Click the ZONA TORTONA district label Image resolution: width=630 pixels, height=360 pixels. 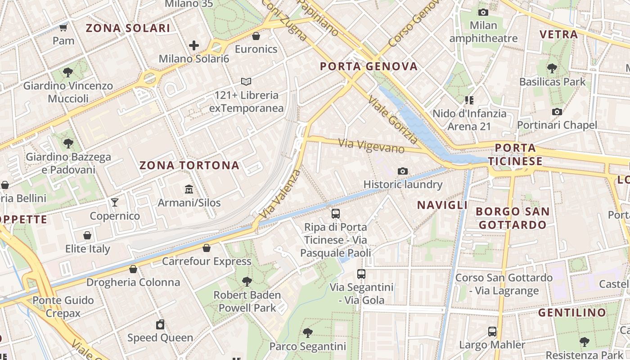tap(189, 165)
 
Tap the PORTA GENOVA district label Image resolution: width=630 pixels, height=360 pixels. tap(369, 67)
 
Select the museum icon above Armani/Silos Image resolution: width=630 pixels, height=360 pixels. tap(189, 189)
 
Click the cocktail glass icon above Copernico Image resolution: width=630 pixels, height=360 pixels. tap(115, 202)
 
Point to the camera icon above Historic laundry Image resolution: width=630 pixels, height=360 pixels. tap(403, 171)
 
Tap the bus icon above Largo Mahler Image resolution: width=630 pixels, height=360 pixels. tap(492, 332)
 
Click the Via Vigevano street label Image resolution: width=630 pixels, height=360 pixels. tap(371, 146)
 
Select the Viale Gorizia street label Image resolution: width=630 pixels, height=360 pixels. tap(393, 120)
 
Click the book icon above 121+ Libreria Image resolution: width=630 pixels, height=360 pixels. tap(246, 81)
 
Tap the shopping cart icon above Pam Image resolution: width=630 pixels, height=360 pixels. tap(63, 28)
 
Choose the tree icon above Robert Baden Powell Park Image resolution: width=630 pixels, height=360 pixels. tap(247, 282)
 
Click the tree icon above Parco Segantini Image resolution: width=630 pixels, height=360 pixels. tap(307, 333)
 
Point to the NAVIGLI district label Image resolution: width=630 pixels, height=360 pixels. tap(442, 205)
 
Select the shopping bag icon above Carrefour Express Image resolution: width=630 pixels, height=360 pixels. tap(207, 247)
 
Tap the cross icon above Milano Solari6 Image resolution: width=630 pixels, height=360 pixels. tap(194, 45)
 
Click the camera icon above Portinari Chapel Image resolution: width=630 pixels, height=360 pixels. tap(557, 112)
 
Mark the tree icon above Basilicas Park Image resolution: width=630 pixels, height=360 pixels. tap(552, 68)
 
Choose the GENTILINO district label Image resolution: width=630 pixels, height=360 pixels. tap(572, 312)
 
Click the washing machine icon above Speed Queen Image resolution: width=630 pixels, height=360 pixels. tap(160, 324)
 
